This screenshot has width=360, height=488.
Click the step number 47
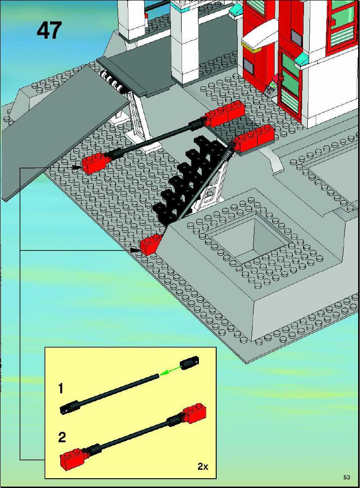[x=49, y=30]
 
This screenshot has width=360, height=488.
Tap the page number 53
[x=347, y=477]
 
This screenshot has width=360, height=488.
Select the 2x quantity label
[x=203, y=467]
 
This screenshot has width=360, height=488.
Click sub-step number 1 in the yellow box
[x=61, y=389]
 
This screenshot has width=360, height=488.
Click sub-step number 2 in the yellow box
[x=62, y=437]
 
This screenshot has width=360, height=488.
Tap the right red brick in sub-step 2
[x=195, y=413]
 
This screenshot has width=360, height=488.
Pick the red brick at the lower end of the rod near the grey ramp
[x=94, y=163]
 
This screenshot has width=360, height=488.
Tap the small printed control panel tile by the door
[x=271, y=87]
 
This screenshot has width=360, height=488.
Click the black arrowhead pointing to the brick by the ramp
[x=77, y=167]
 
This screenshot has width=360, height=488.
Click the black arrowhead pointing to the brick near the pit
[x=135, y=250]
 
